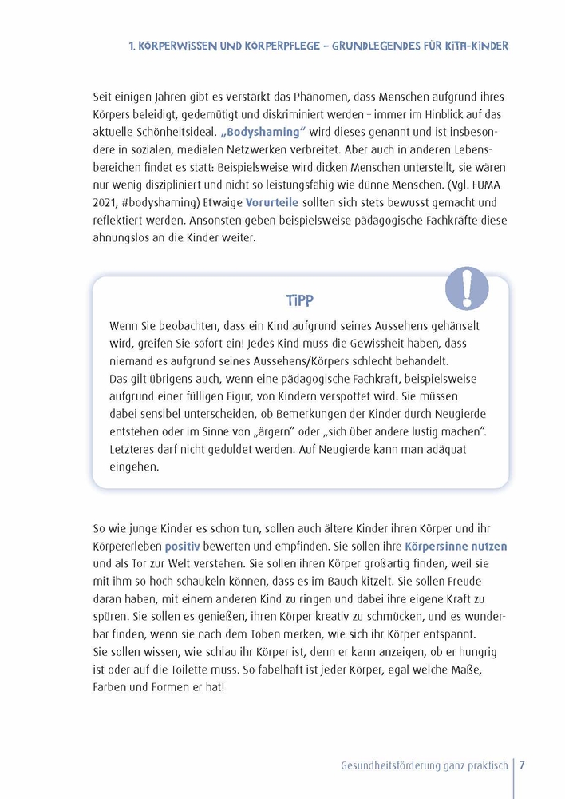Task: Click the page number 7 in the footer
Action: (x=522, y=765)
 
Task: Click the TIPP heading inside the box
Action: (x=300, y=300)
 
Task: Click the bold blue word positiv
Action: (x=183, y=547)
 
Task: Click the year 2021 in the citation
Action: (x=107, y=203)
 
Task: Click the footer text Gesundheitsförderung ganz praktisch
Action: (x=424, y=765)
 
